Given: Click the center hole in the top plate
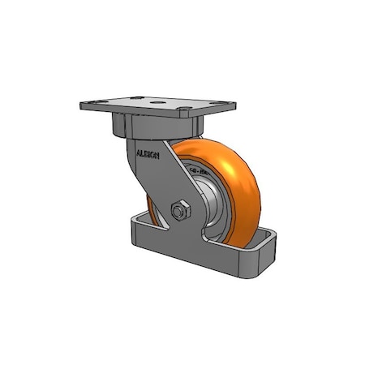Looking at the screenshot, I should point(156,105).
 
